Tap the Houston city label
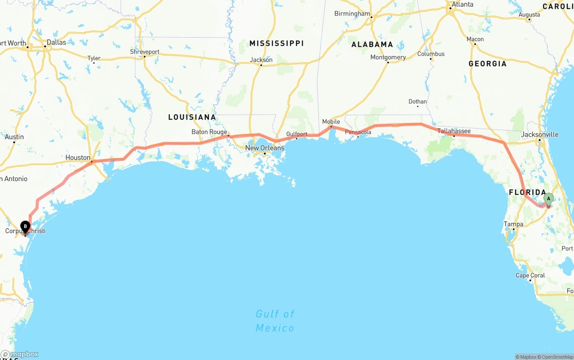[78, 157]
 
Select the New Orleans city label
[265, 148]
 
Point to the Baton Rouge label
[209, 132]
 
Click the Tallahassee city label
[454, 131]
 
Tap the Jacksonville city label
[540, 134]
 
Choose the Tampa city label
[513, 224]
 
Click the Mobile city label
[331, 121]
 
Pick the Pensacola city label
[358, 132]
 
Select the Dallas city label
[56, 42]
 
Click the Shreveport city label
[144, 52]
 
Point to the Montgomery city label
[388, 57]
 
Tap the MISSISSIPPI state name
[276, 43]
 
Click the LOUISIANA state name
[192, 117]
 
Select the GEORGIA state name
[487, 64]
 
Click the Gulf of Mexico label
[275, 321]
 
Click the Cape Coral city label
[530, 275]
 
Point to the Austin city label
[14, 137]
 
